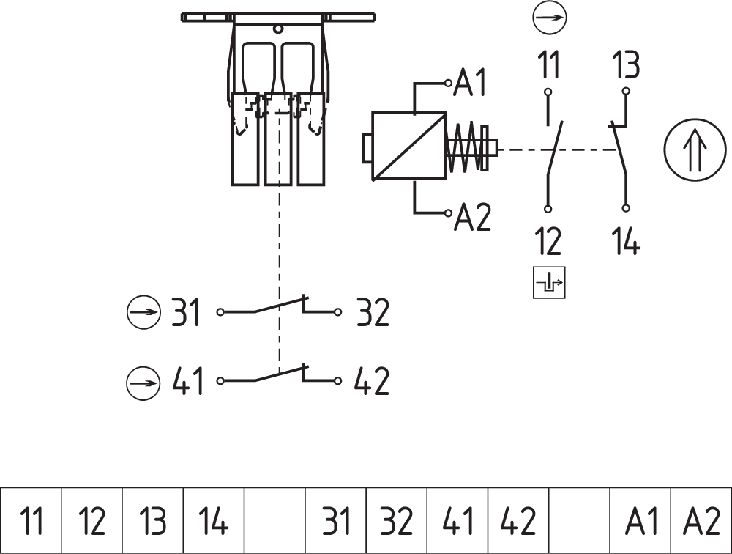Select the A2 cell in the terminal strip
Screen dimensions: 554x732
coord(701,521)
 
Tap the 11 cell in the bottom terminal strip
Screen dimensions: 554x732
coord(31,521)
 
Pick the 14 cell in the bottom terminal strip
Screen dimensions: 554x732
coord(213,521)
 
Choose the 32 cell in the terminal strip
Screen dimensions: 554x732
coord(396,521)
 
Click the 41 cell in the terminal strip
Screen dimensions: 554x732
coord(457,521)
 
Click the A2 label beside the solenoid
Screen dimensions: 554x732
coord(473,218)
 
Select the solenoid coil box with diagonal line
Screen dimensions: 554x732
coord(408,147)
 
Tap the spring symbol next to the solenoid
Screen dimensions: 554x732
coord(465,147)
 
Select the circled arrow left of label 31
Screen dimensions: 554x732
coord(143,313)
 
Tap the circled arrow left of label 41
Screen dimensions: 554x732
coord(143,383)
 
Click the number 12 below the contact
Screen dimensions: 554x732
coord(548,241)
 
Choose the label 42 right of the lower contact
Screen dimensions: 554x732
coord(372,382)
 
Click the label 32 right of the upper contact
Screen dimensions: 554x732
coord(373,313)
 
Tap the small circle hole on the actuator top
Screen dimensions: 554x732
coord(278,29)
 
